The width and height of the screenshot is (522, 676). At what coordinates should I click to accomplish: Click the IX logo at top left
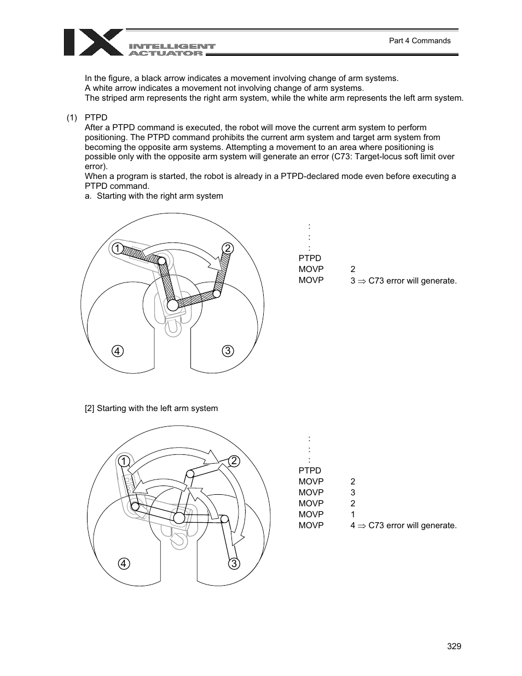click(93, 42)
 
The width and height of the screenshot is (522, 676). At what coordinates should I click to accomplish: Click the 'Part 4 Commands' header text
click(419, 41)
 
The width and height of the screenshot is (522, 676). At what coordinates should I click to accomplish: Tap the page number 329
click(454, 646)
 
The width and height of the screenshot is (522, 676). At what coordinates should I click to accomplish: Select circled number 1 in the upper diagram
click(117, 249)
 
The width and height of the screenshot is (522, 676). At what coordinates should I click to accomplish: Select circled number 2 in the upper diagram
click(228, 249)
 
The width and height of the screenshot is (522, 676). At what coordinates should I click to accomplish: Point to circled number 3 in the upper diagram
click(228, 351)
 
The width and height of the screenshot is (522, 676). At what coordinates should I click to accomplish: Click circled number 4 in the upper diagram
click(117, 351)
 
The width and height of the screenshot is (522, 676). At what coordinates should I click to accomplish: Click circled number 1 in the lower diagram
click(124, 461)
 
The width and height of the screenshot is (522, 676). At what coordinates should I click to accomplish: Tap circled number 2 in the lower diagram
click(234, 461)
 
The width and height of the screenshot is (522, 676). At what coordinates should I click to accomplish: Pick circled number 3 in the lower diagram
click(234, 563)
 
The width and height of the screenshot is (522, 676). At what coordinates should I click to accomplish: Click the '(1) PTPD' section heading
click(87, 118)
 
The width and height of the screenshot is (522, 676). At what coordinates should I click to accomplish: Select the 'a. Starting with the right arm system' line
click(154, 196)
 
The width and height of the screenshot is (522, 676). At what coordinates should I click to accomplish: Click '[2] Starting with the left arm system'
click(151, 408)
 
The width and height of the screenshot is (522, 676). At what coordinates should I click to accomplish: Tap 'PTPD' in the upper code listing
click(310, 258)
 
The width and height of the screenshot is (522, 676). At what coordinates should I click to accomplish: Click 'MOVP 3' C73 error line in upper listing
click(378, 280)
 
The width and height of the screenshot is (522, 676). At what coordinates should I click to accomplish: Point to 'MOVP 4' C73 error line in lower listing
click(378, 525)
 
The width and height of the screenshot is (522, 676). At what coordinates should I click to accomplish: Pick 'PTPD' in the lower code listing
click(310, 471)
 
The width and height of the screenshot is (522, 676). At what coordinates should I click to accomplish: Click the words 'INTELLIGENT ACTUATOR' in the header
click(172, 50)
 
